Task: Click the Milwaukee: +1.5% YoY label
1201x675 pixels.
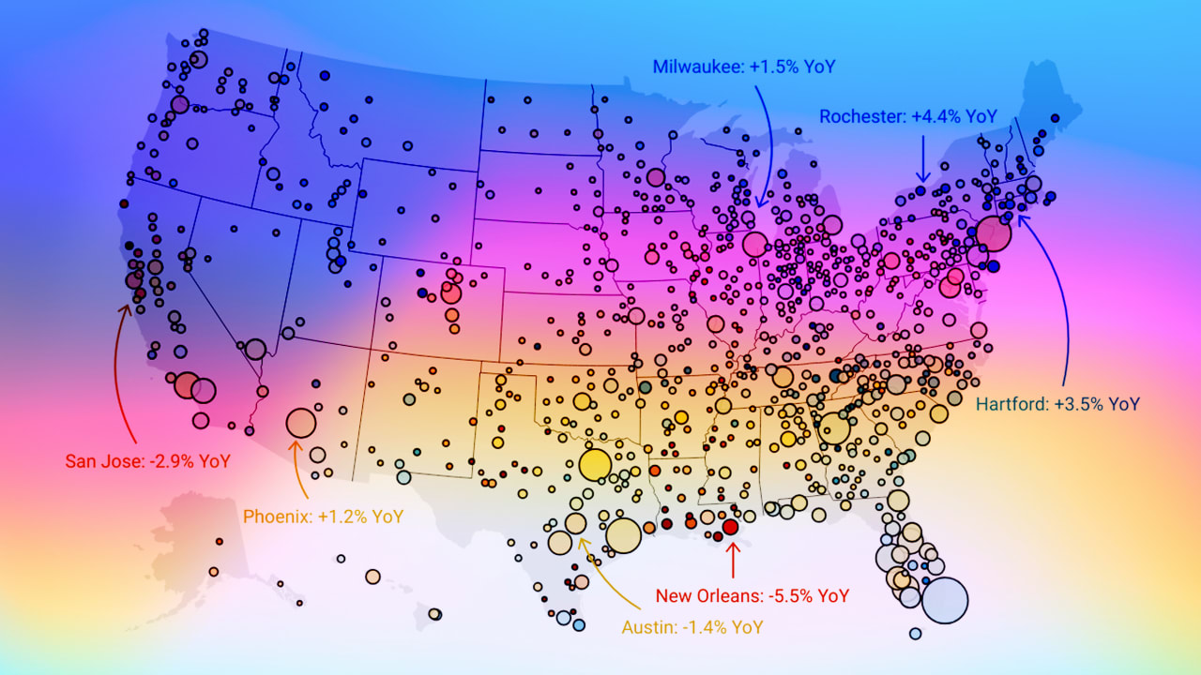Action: click(x=743, y=67)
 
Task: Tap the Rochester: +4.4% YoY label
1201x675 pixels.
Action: click(x=907, y=116)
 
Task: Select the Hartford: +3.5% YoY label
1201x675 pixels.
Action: click(x=1057, y=404)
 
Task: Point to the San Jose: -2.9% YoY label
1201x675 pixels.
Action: click(x=147, y=460)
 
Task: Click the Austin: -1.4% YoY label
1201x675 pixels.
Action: click(x=692, y=627)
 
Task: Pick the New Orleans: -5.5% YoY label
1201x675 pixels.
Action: click(x=752, y=595)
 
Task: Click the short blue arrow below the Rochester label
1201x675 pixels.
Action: click(x=922, y=157)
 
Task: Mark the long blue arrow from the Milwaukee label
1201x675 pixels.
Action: click(x=768, y=141)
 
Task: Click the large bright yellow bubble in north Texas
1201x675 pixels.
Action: click(x=595, y=465)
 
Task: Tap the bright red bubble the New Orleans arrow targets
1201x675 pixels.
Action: click(x=731, y=527)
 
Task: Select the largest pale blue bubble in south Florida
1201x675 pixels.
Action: click(x=945, y=601)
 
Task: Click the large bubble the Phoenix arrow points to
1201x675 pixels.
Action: click(x=300, y=423)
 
